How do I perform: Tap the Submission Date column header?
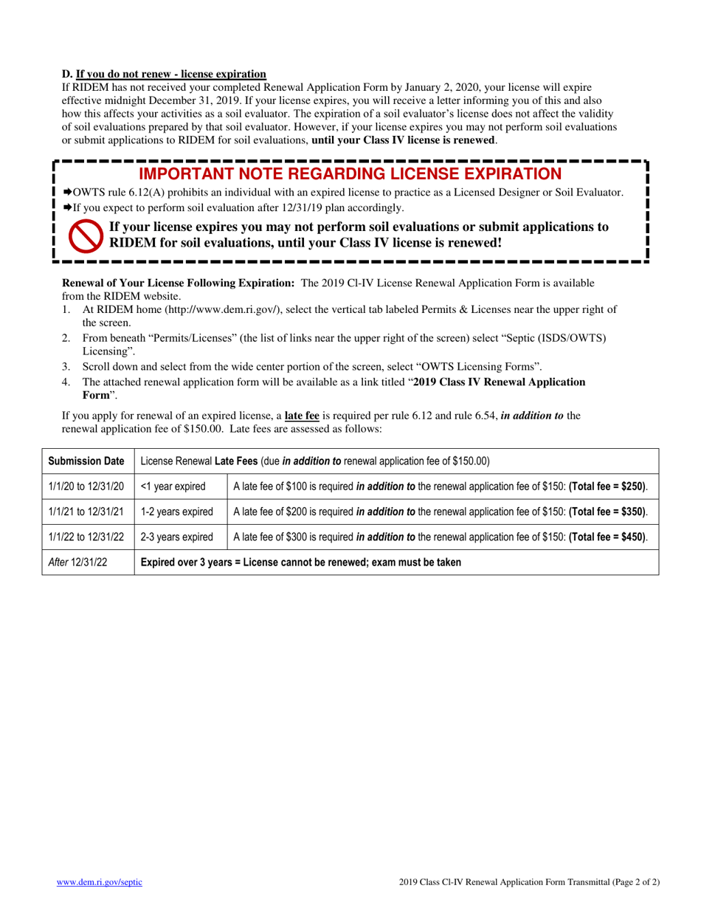86,461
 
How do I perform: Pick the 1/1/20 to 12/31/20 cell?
86,486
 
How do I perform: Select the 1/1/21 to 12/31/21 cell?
86,512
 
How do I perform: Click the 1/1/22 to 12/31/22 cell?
86,537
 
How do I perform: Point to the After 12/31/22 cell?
77,562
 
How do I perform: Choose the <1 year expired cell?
173,486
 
